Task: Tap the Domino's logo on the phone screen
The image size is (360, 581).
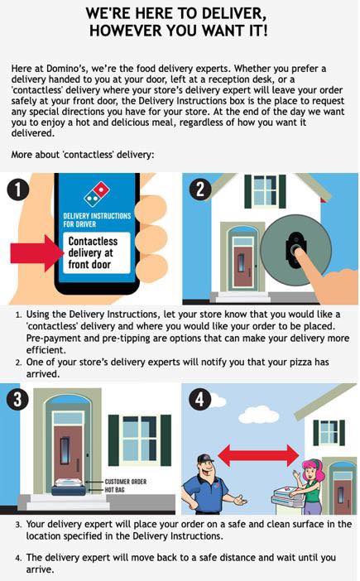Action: click(97, 194)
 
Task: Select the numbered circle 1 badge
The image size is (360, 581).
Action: click(17, 190)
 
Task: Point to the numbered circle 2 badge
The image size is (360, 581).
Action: click(200, 189)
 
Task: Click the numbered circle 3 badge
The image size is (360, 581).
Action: click(17, 399)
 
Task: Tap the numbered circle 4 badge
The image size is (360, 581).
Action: click(200, 400)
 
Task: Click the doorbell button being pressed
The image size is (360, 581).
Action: click(295, 249)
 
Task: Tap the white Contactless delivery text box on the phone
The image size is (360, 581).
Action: click(97, 252)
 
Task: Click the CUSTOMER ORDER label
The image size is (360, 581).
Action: click(126, 482)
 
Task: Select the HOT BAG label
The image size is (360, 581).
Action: click(114, 489)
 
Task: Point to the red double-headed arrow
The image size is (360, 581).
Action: click(258, 455)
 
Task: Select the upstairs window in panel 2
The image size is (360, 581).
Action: click(265, 191)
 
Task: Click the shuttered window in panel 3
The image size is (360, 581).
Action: click(140, 440)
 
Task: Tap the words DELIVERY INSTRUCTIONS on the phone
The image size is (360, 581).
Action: click(97, 216)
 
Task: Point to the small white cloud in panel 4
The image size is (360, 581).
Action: click(218, 401)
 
